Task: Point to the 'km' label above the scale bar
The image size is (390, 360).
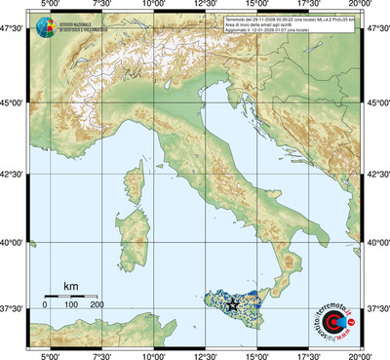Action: pos(70,286)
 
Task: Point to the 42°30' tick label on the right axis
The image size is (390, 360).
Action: pos(376,176)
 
